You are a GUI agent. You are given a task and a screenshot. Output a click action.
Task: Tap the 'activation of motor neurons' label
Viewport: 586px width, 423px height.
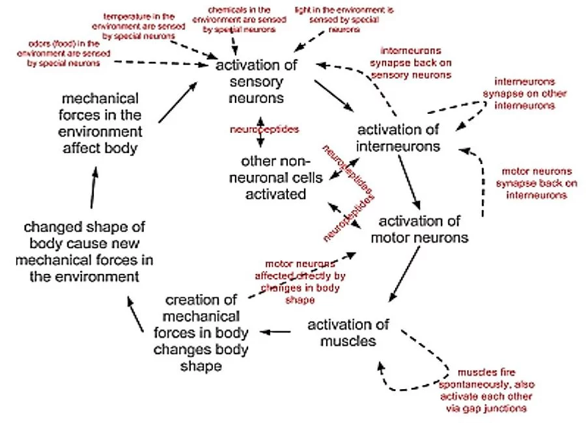pyautogui.click(x=419, y=229)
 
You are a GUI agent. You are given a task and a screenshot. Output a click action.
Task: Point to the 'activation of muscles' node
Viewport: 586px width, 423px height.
pyautogui.click(x=348, y=333)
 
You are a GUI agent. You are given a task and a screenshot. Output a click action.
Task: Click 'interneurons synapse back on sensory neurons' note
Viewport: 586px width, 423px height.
pyautogui.click(x=410, y=62)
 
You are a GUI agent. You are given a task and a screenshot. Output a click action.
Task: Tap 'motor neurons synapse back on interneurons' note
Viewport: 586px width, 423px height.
pyautogui.click(x=537, y=183)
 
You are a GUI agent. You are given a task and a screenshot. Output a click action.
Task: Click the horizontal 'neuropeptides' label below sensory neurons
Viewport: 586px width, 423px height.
pyautogui.click(x=264, y=129)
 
